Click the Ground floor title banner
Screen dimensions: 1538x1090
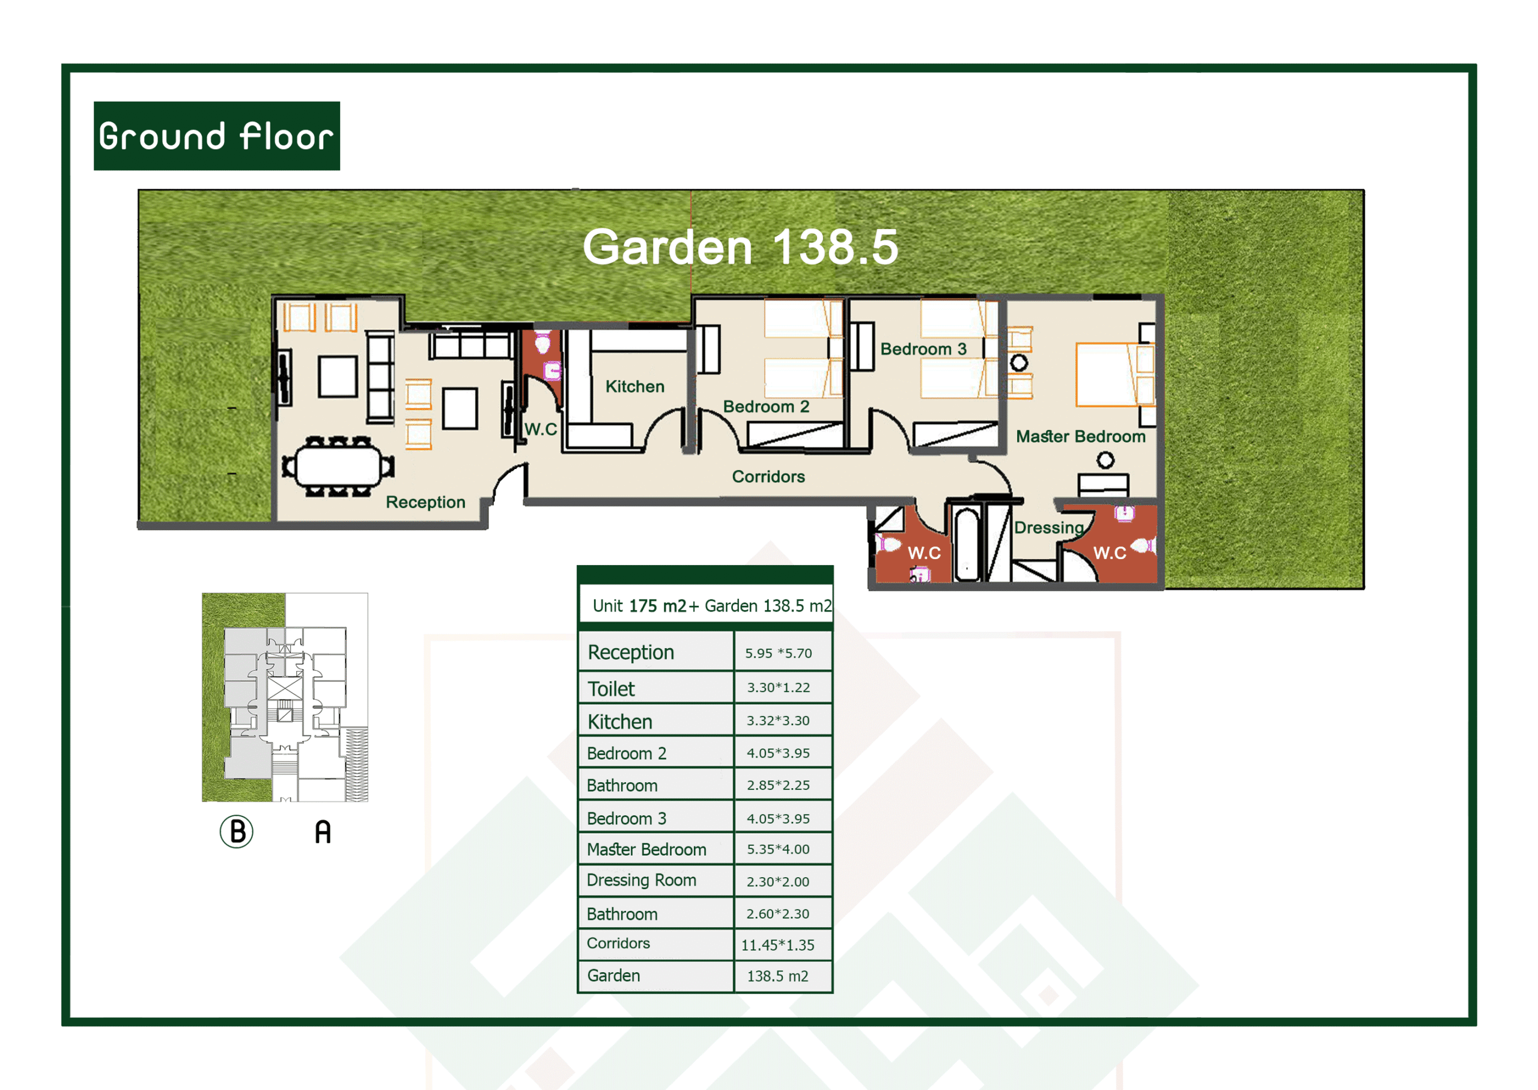pos(217,136)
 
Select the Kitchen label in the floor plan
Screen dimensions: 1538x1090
pos(634,387)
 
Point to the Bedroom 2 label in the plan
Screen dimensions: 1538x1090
pos(766,407)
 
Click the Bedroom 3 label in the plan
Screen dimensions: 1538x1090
pos(923,349)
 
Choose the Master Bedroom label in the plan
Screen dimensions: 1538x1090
pos(1081,436)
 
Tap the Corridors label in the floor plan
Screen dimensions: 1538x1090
pos(768,477)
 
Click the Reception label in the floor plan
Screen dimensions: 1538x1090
pos(425,502)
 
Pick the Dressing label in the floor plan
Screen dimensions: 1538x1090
pos(1049,527)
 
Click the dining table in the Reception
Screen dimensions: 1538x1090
pos(338,467)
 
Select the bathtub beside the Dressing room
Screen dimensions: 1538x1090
pos(967,543)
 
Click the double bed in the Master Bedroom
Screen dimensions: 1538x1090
pos(1115,375)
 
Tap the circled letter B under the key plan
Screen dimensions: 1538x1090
pos(237,831)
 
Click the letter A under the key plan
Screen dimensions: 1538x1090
pos(323,831)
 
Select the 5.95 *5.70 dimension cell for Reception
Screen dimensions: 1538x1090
pos(778,653)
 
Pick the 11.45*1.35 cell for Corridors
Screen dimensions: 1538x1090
pos(777,945)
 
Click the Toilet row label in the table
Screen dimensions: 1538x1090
pos(611,688)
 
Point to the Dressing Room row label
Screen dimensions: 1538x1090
pos(641,880)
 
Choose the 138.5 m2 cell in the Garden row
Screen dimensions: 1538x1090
pos(777,976)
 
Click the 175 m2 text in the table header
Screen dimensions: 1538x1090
pos(657,606)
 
